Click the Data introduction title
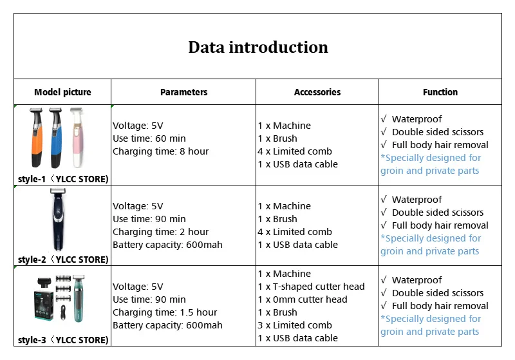coord(258,47)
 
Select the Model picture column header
coord(62,92)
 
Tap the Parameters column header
coord(183,92)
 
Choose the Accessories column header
coord(317,92)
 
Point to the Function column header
coord(440,92)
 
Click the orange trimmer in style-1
coord(36,137)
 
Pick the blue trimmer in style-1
coord(55,137)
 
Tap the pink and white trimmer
coord(77,137)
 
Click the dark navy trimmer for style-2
coord(59,220)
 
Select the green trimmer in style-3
coord(79,298)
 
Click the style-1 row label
coord(63,179)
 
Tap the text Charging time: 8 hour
coord(160,151)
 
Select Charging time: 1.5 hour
coord(165,312)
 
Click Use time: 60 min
coord(149,138)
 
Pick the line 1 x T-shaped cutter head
coord(311,287)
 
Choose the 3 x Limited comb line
coord(295,325)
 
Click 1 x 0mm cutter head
coord(303,299)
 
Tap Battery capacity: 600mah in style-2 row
coord(167,245)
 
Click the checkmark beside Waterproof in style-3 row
coord(384,279)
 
